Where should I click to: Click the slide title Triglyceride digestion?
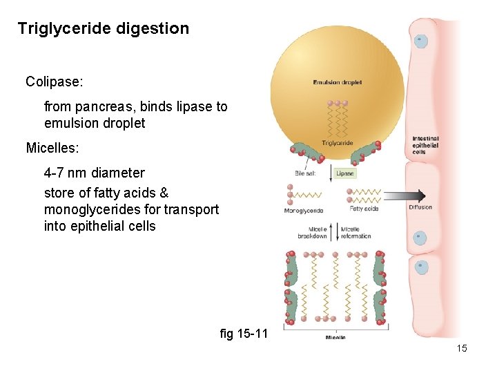[103, 29]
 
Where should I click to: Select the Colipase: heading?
[55, 82]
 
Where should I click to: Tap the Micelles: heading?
[55, 148]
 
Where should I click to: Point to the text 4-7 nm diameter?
[95, 173]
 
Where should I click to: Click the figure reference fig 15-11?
[243, 334]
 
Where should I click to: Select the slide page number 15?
[462, 348]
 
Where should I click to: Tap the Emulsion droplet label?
[337, 83]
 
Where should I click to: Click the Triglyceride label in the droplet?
[337, 144]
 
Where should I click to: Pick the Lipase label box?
[345, 173]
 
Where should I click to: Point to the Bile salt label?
[306, 173]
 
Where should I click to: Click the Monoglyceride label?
[304, 211]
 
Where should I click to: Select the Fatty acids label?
[364, 209]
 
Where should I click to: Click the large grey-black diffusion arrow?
[407, 195]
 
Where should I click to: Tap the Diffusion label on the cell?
[420, 207]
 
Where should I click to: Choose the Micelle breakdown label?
[312, 232]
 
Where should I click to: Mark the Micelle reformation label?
[356, 232]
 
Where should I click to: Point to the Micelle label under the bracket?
[335, 337]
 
